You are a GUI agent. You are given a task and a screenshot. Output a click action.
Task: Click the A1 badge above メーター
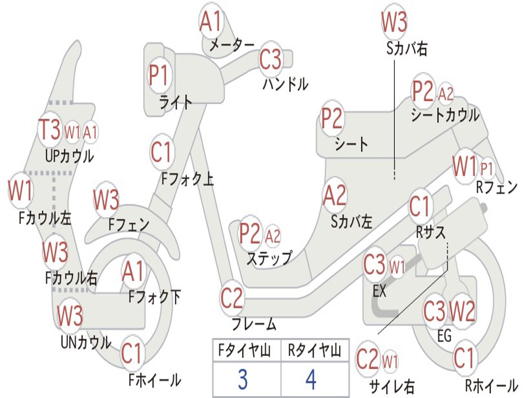pyautogui.click(x=211, y=22)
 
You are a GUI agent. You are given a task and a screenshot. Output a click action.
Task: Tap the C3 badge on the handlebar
pyautogui.click(x=270, y=60)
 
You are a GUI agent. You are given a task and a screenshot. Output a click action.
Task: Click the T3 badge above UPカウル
pyautogui.click(x=50, y=130)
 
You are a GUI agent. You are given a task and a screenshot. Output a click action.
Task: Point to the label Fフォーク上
pyautogui.click(x=187, y=179)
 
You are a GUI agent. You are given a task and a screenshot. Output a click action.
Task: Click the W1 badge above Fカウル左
pyautogui.click(x=20, y=191)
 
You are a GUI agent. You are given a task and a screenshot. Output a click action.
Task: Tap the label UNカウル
pyautogui.click(x=86, y=342)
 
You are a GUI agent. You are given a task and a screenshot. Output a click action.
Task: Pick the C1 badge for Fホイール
pyautogui.click(x=131, y=354)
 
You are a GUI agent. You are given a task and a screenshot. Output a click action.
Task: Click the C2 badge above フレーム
pyautogui.click(x=232, y=298)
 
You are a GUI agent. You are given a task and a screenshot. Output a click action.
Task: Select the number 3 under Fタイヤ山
pyautogui.click(x=243, y=380)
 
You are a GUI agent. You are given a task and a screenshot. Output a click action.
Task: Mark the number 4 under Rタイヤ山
pyautogui.click(x=311, y=380)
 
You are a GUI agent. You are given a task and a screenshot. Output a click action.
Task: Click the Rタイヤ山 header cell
pyautogui.click(x=314, y=352)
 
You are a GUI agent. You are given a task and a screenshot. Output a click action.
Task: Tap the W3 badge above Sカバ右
pyautogui.click(x=394, y=22)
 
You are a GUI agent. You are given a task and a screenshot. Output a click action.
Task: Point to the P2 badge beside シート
pyautogui.click(x=332, y=119)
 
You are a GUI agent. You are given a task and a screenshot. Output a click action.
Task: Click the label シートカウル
pyautogui.click(x=445, y=115)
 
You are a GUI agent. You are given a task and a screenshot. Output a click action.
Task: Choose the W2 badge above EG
pyautogui.click(x=462, y=311)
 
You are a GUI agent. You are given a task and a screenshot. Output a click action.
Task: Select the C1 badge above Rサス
pyautogui.click(x=420, y=207)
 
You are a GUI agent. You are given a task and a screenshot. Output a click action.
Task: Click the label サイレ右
pyautogui.click(x=392, y=386)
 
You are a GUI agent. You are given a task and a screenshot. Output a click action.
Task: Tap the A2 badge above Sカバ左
pyautogui.click(x=334, y=196)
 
